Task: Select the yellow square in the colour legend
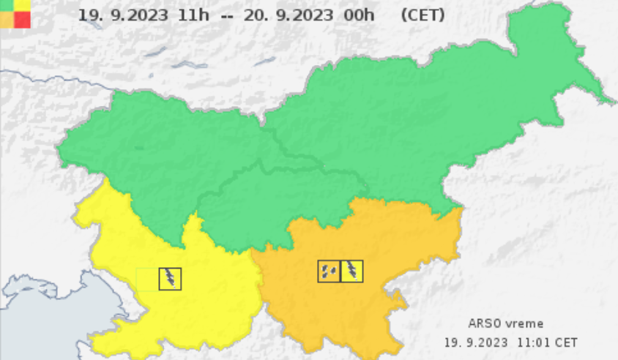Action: tap(23, 5)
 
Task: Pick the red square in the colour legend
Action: tap(23, 20)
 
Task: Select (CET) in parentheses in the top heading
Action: tap(422, 15)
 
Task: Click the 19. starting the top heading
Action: tap(89, 15)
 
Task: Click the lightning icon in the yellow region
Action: tap(171, 279)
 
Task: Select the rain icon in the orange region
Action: tap(329, 271)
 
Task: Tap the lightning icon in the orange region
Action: tap(352, 271)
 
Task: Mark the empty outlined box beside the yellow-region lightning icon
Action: tap(147, 279)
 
